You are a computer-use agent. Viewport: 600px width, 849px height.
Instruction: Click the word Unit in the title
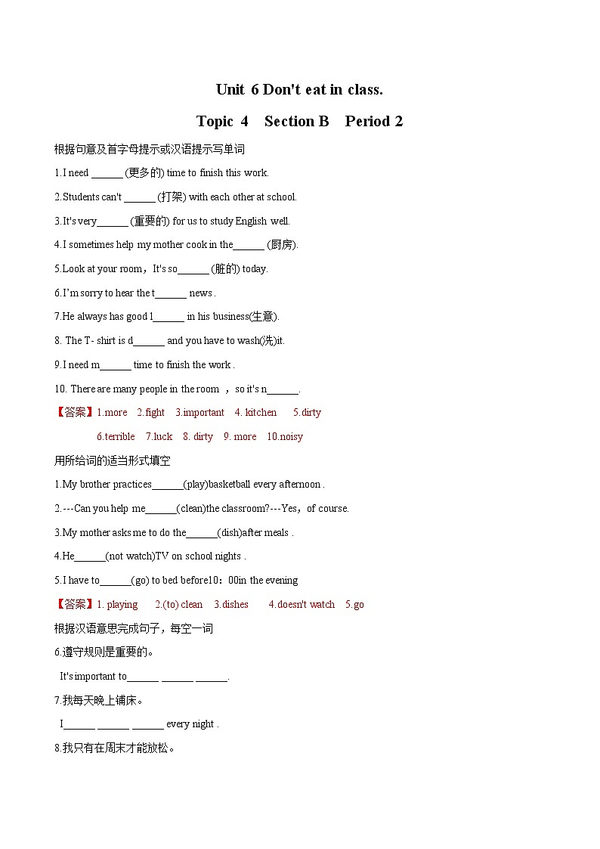(230, 90)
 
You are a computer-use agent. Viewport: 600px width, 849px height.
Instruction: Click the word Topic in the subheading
(215, 122)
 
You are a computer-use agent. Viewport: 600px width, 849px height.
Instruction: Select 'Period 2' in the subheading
(374, 122)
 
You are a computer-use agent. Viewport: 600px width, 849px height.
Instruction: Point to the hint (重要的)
(150, 222)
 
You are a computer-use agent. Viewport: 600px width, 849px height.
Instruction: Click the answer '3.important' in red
(199, 413)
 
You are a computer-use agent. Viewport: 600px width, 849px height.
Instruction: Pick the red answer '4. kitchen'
(255, 413)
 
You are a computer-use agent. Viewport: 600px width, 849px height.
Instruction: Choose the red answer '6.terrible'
(116, 437)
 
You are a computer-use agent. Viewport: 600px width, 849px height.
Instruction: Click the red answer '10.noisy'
(285, 437)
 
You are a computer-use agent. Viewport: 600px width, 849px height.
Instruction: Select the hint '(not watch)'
(130, 556)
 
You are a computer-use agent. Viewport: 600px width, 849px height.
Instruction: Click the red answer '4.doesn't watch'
(302, 605)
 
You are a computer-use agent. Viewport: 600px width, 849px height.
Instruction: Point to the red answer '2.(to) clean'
(178, 605)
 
